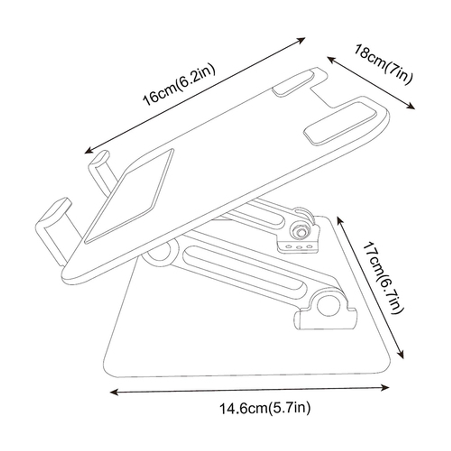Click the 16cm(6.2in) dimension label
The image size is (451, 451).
(x=179, y=84)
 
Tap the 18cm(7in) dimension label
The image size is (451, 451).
(x=383, y=64)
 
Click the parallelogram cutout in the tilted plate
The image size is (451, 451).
(x=129, y=196)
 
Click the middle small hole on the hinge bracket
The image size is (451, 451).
(x=299, y=247)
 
